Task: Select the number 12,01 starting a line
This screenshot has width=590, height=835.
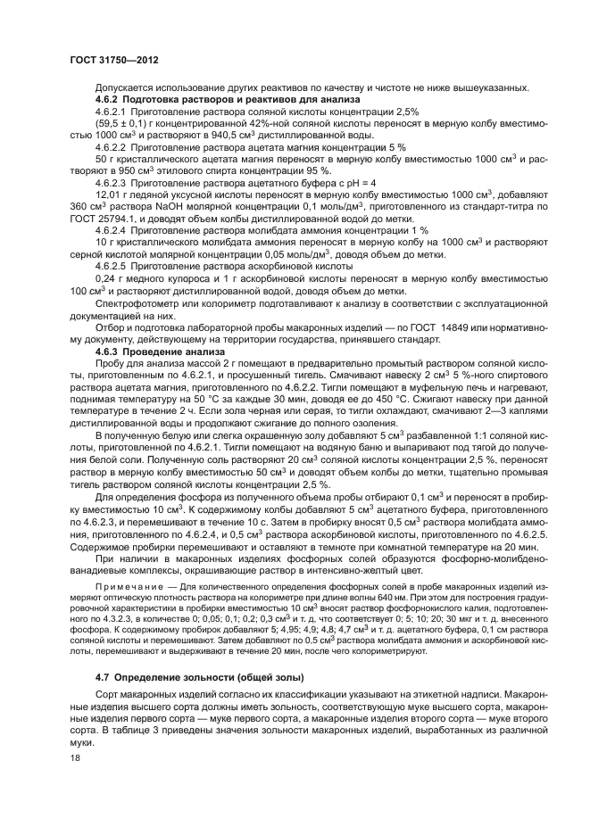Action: [x=107, y=193]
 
